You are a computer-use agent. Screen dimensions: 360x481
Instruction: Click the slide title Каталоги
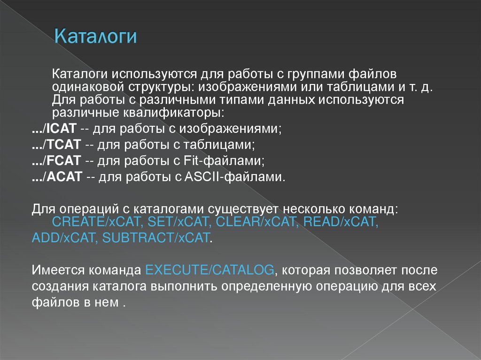[95, 36]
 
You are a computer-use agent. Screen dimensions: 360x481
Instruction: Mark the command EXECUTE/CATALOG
[209, 270]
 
